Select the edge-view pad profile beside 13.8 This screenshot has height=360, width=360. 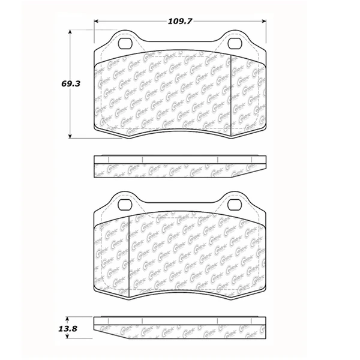click(180, 327)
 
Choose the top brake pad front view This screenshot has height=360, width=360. click(180, 90)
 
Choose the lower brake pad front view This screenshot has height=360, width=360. click(180, 252)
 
